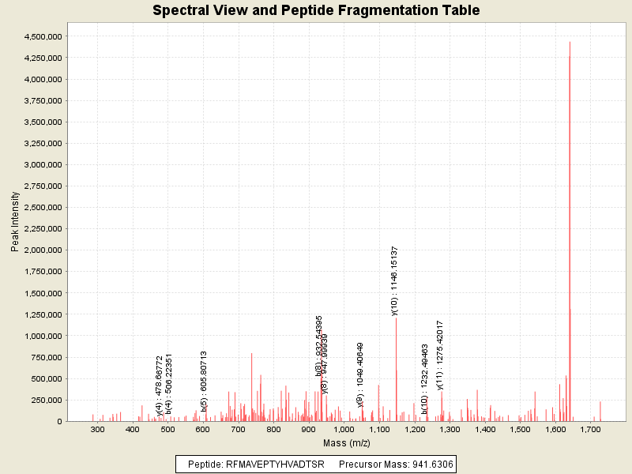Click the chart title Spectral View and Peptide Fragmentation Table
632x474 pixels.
click(x=316, y=10)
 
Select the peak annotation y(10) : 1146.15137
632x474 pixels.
click(x=395, y=280)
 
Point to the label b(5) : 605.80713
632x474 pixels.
click(x=204, y=382)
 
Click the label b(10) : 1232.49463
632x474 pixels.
click(x=425, y=379)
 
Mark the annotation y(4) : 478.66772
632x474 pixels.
click(x=160, y=386)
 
